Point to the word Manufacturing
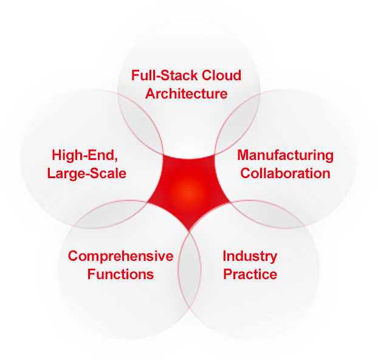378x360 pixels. click(x=285, y=155)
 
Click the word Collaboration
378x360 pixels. click(x=285, y=173)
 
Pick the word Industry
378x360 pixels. click(x=250, y=256)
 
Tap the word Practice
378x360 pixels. click(x=250, y=274)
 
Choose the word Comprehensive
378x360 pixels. click(x=120, y=256)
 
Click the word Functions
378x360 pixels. click(x=120, y=274)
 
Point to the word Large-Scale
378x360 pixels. click(x=87, y=173)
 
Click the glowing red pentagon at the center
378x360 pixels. click(x=189, y=189)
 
